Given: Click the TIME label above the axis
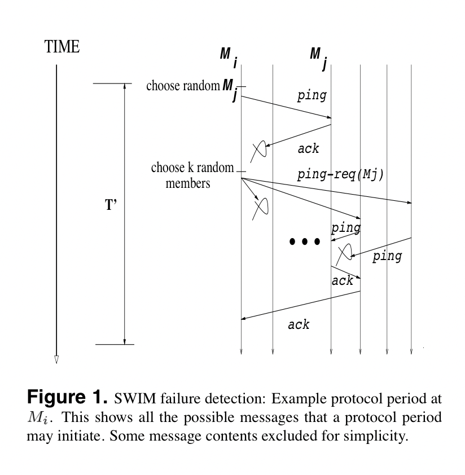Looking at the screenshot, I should (x=62, y=47).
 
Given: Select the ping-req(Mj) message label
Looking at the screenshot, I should (x=340, y=175).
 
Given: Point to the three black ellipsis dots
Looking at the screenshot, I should (x=305, y=241).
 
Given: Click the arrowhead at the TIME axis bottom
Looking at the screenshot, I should (x=56, y=359).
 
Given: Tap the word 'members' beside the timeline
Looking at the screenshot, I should (x=187, y=183).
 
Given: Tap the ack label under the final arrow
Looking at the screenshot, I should (x=299, y=325).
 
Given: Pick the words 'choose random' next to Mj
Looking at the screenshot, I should (x=183, y=86).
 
